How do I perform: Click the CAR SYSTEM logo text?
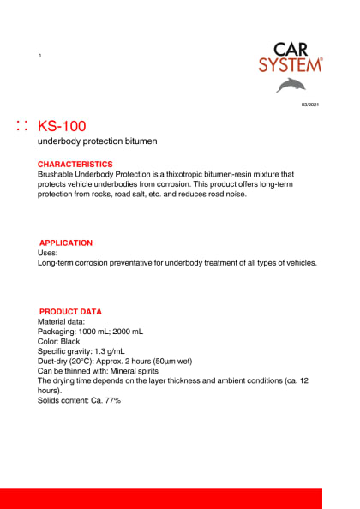click(x=291, y=57)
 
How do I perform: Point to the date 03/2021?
click(x=309, y=105)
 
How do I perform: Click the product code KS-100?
click(x=62, y=126)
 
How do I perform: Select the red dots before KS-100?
click(x=22, y=126)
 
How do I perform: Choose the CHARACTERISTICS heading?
click(x=75, y=164)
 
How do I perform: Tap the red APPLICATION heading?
click(x=66, y=243)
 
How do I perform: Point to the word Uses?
click(x=48, y=254)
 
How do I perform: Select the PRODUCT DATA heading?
click(x=70, y=312)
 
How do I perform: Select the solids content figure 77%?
click(x=111, y=401)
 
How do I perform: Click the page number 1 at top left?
click(x=39, y=56)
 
